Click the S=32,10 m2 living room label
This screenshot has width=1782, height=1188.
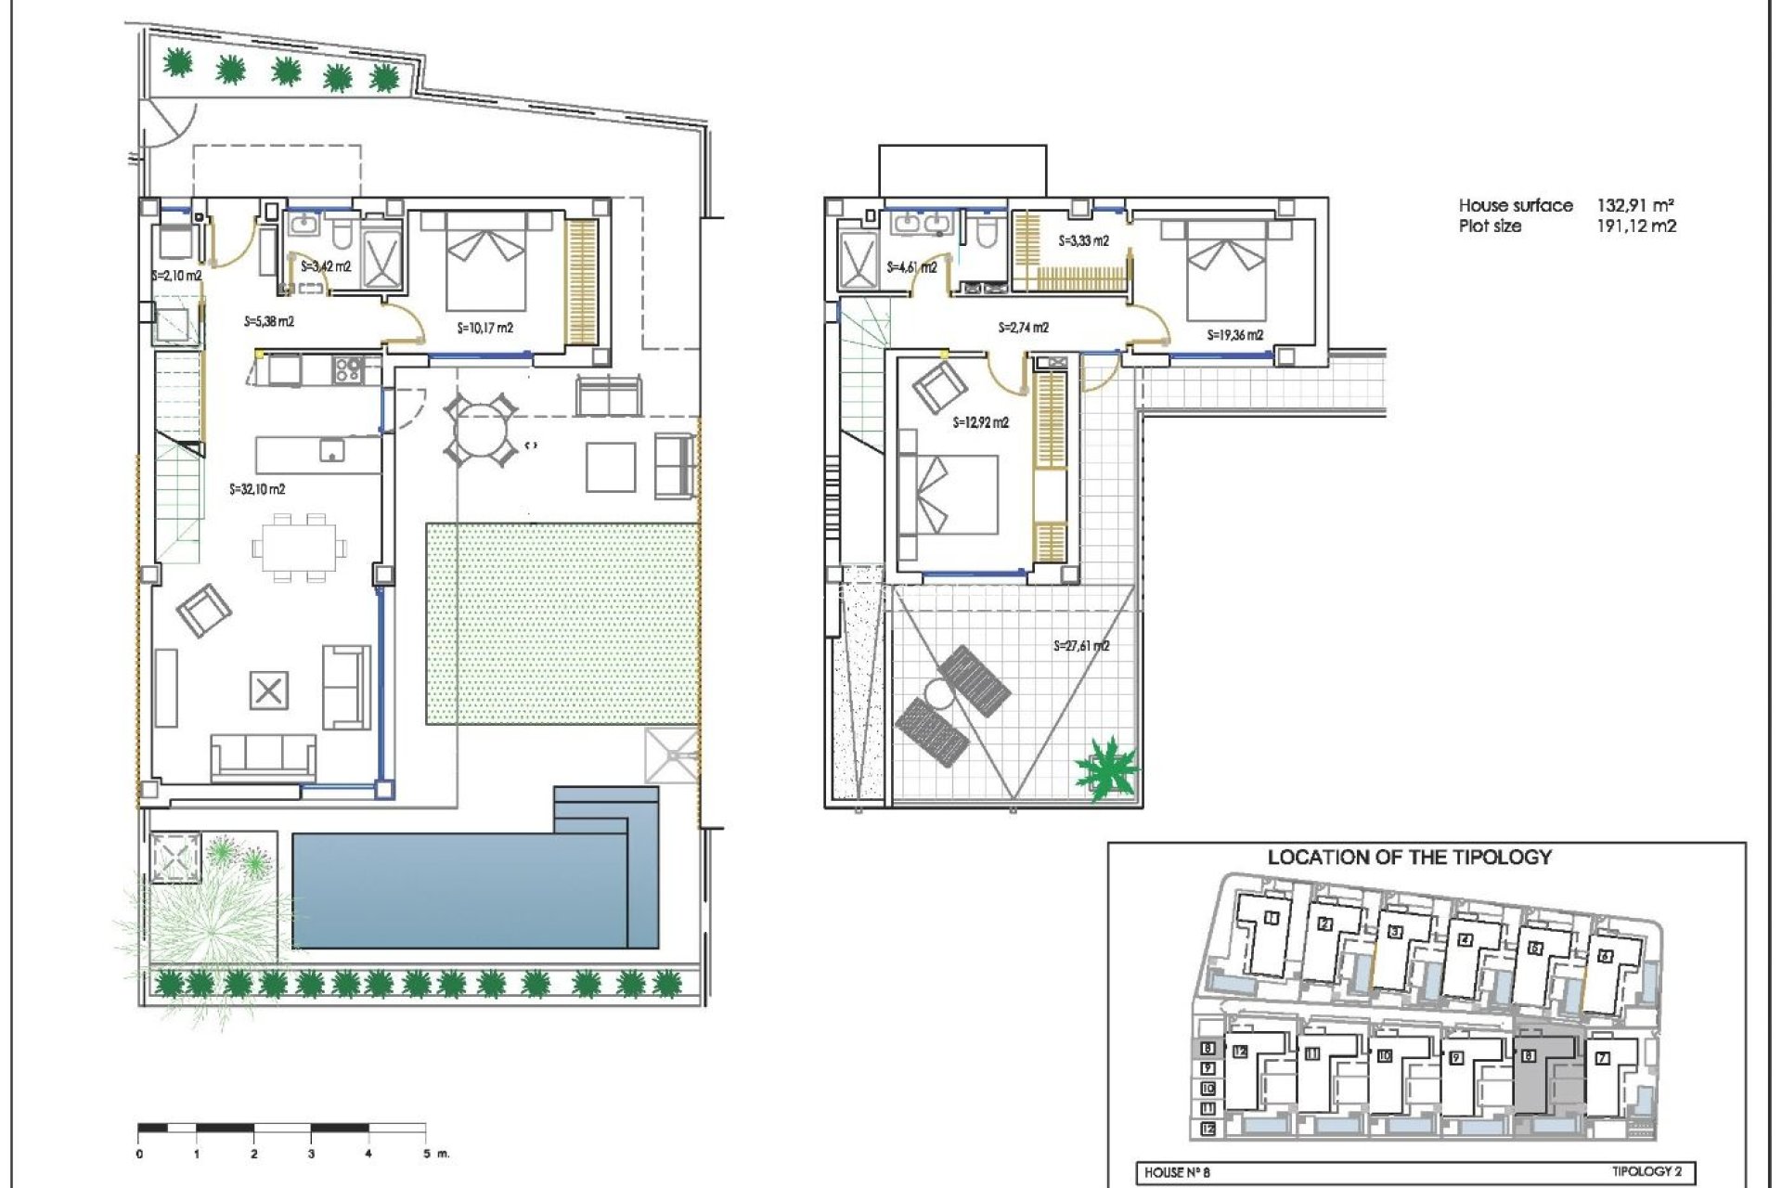pyautogui.click(x=257, y=489)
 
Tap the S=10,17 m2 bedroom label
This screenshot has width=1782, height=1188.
pyautogui.click(x=484, y=328)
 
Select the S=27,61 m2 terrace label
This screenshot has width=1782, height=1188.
pyautogui.click(x=1081, y=646)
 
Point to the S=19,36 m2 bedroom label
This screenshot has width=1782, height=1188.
pyautogui.click(x=1234, y=335)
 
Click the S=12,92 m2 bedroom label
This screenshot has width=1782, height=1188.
pyautogui.click(x=980, y=422)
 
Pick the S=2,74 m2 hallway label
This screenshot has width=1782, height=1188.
pyautogui.click(x=1023, y=328)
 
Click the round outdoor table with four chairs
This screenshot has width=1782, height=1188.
pyautogui.click(x=481, y=430)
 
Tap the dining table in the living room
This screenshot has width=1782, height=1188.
pyautogui.click(x=299, y=548)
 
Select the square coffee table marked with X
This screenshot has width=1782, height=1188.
pyautogui.click(x=269, y=691)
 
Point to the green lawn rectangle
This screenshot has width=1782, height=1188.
pyautogui.click(x=562, y=624)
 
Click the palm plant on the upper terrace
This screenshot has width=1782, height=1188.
pyautogui.click(x=1106, y=768)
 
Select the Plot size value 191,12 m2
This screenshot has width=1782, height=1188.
pyautogui.click(x=1635, y=226)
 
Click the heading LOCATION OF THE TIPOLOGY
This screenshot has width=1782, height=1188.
pyautogui.click(x=1409, y=858)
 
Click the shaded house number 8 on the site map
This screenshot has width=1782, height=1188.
pyautogui.click(x=1528, y=1056)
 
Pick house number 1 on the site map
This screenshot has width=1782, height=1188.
pyautogui.click(x=1272, y=919)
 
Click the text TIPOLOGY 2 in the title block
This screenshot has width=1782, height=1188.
pyautogui.click(x=1646, y=1171)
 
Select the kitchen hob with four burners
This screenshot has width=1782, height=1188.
pyautogui.click(x=348, y=369)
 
